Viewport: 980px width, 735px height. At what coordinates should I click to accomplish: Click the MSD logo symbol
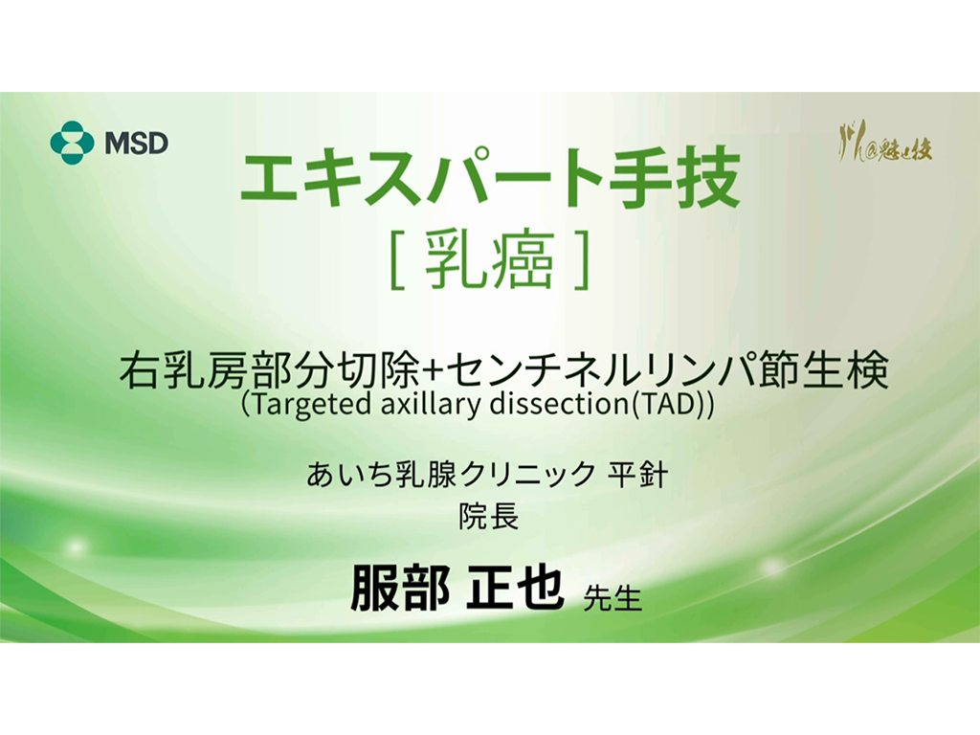click(72, 144)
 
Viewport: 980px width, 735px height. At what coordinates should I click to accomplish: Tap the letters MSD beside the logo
click(136, 144)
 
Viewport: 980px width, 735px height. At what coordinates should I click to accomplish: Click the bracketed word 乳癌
click(490, 259)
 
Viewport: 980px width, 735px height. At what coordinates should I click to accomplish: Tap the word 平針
click(637, 475)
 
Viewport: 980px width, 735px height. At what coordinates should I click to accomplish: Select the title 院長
click(489, 518)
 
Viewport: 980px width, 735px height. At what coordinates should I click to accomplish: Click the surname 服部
click(398, 587)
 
